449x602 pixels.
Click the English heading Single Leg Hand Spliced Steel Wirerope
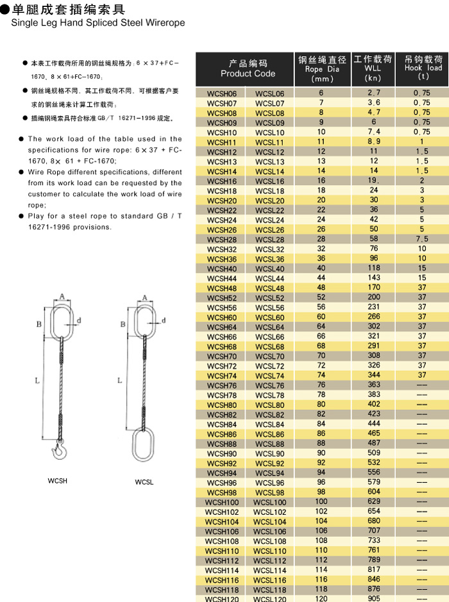[97, 22]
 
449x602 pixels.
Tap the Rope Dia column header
[322, 69]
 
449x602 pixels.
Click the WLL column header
[372, 68]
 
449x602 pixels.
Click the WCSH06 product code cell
[222, 94]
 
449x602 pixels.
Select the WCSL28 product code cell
[269, 240]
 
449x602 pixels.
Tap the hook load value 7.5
[422, 240]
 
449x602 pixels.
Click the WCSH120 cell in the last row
[221, 599]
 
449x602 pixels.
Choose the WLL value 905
[373, 599]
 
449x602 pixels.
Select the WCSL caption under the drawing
[144, 482]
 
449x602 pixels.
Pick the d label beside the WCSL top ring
[164, 320]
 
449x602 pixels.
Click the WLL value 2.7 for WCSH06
[373, 94]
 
